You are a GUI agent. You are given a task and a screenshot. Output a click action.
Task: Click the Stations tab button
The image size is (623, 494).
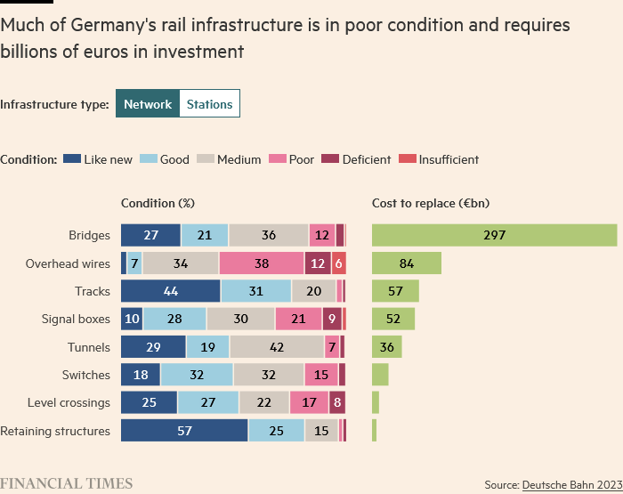pos(209,104)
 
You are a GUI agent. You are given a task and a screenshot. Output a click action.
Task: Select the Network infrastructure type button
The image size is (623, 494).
pos(148,104)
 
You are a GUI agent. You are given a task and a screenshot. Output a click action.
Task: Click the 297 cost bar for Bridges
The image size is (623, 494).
pos(494,235)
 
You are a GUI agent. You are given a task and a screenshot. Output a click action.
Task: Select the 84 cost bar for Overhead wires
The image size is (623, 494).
pos(407,263)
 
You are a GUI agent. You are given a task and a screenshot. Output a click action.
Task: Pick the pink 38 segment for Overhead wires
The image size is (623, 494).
pos(262,263)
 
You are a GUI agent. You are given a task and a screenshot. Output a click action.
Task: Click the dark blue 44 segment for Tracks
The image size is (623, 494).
pos(171,291)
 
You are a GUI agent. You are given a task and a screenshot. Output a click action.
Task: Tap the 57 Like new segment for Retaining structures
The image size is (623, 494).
pos(184,431)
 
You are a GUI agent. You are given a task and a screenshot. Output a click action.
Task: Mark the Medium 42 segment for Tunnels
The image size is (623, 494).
pos(277,347)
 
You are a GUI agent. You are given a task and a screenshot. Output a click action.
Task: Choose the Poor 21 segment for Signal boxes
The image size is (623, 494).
pos(298,319)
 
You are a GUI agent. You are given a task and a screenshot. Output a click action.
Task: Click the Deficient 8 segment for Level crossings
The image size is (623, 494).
pos(337,402)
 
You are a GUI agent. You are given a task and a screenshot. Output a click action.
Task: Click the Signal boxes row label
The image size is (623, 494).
pos(76,319)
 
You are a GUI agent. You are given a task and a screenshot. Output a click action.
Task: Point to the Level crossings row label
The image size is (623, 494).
pos(69,402)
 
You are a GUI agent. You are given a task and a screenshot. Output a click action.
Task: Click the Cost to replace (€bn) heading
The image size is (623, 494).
pos(430,204)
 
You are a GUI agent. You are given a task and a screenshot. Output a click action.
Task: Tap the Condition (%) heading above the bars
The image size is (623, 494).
pos(158,204)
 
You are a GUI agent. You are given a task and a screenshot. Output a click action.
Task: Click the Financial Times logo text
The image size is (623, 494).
pos(67,483)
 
